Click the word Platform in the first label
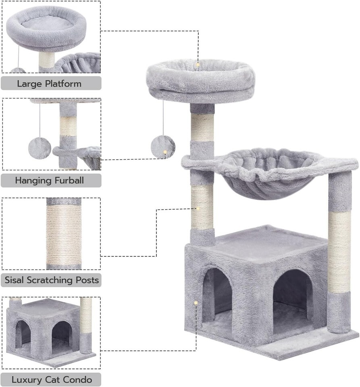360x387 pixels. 63,84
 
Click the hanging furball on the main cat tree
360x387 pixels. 163,147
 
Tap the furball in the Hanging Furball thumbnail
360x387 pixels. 40,148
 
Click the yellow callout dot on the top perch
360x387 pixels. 198,64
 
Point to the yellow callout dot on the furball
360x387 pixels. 164,152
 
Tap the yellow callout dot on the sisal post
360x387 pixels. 198,208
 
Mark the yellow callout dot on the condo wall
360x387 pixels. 196,303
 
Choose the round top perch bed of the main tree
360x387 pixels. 200,80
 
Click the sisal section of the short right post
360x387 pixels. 339,251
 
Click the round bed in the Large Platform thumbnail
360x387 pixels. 46,27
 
